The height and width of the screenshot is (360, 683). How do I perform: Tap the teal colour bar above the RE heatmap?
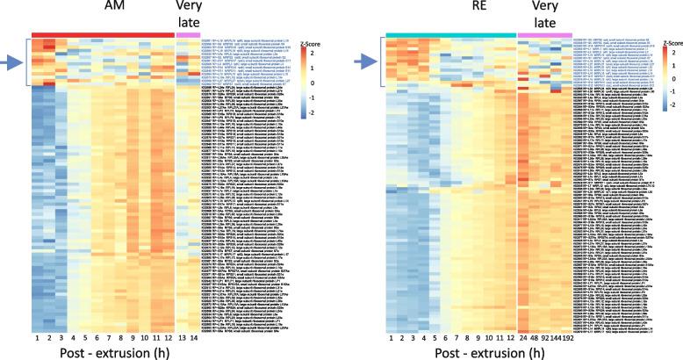click(451, 34)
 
